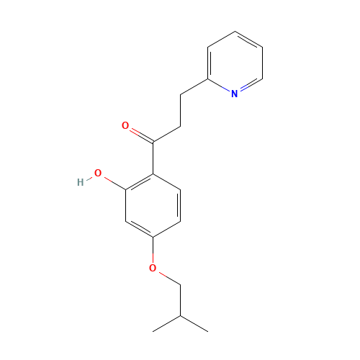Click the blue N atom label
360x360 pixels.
pos(234,93)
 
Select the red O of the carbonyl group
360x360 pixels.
pos(125,127)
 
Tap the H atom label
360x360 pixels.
pos(80,182)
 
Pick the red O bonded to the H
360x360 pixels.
pos(98,174)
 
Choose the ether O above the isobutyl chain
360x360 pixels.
pos(153,269)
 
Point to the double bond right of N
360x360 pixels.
pos(249,85)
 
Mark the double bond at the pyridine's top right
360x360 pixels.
pos(248,40)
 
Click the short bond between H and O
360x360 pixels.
pos(89,178)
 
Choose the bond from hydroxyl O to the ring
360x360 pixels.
pos(112,181)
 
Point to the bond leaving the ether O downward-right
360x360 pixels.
pos(166,276)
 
